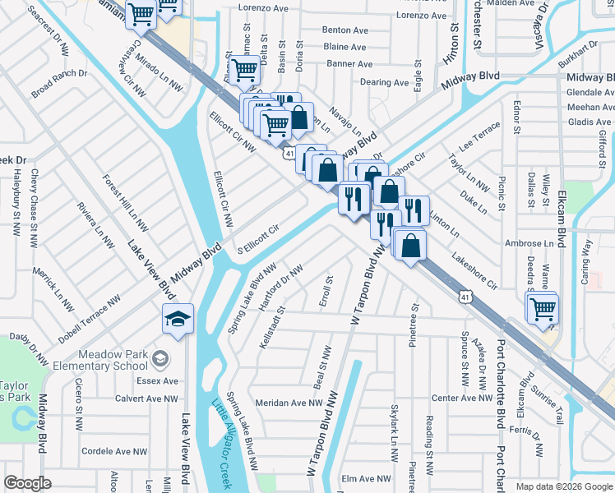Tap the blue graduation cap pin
178,320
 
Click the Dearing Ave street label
384,83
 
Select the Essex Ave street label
159,381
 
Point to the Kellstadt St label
272,327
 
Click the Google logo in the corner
27,483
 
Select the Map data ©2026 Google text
563,486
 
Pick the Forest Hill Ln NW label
125,202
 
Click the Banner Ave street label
349,64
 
